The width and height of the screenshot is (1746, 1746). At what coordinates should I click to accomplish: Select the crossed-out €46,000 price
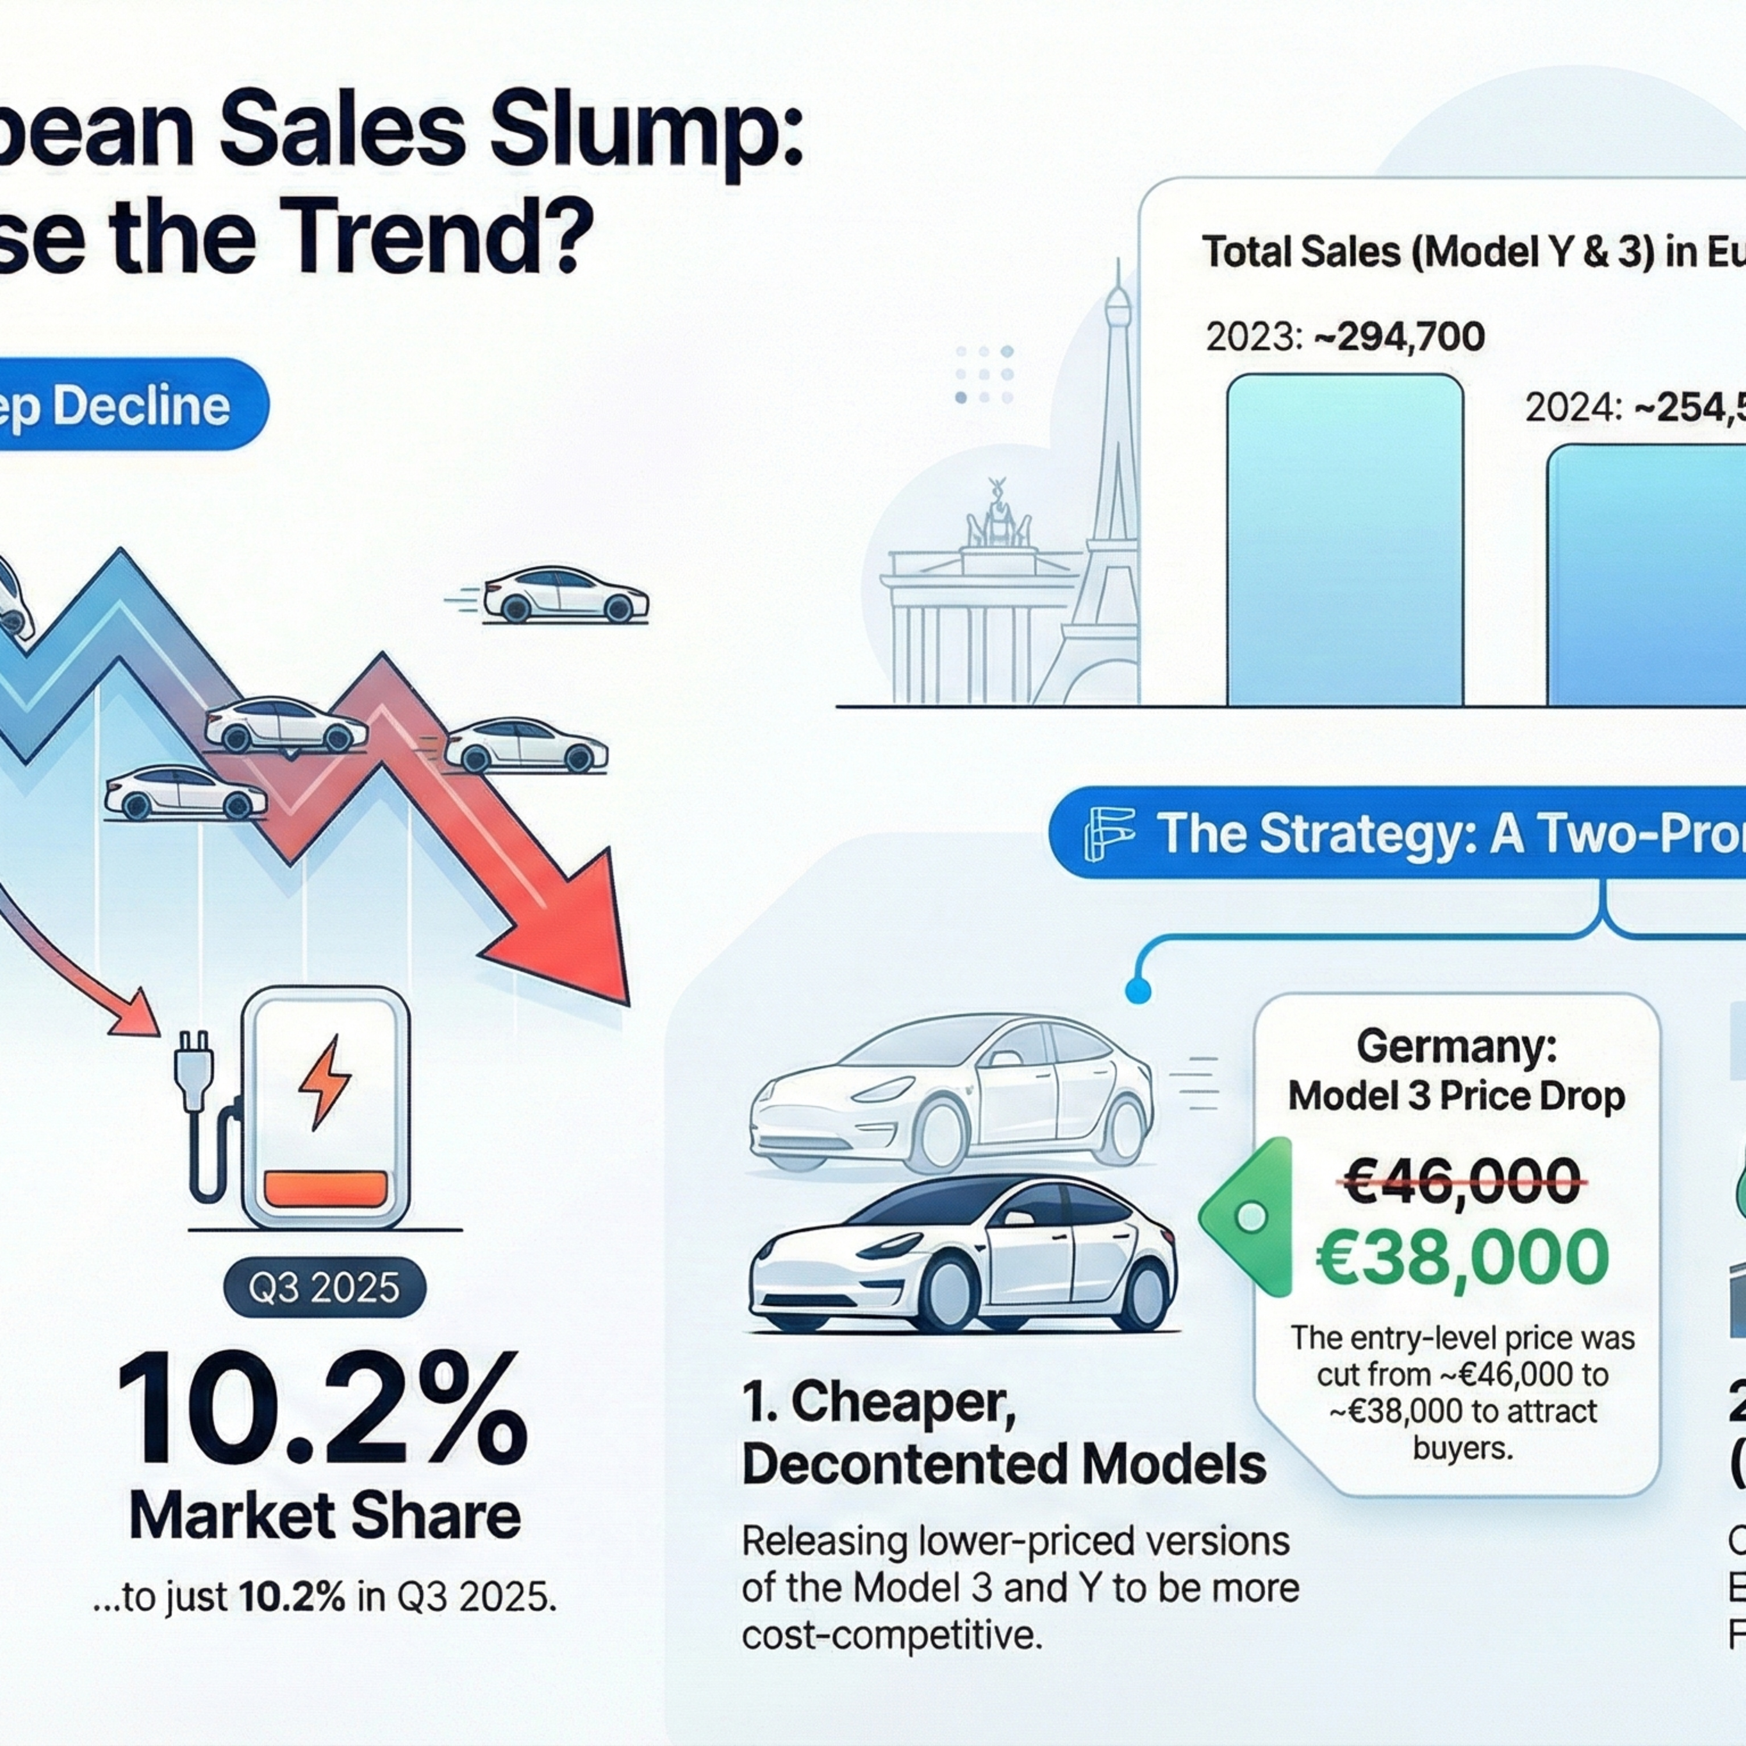coord(1462,1181)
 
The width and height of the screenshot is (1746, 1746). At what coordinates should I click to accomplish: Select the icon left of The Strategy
coord(1108,833)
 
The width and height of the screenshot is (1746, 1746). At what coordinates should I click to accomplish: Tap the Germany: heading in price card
coord(1456,1046)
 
